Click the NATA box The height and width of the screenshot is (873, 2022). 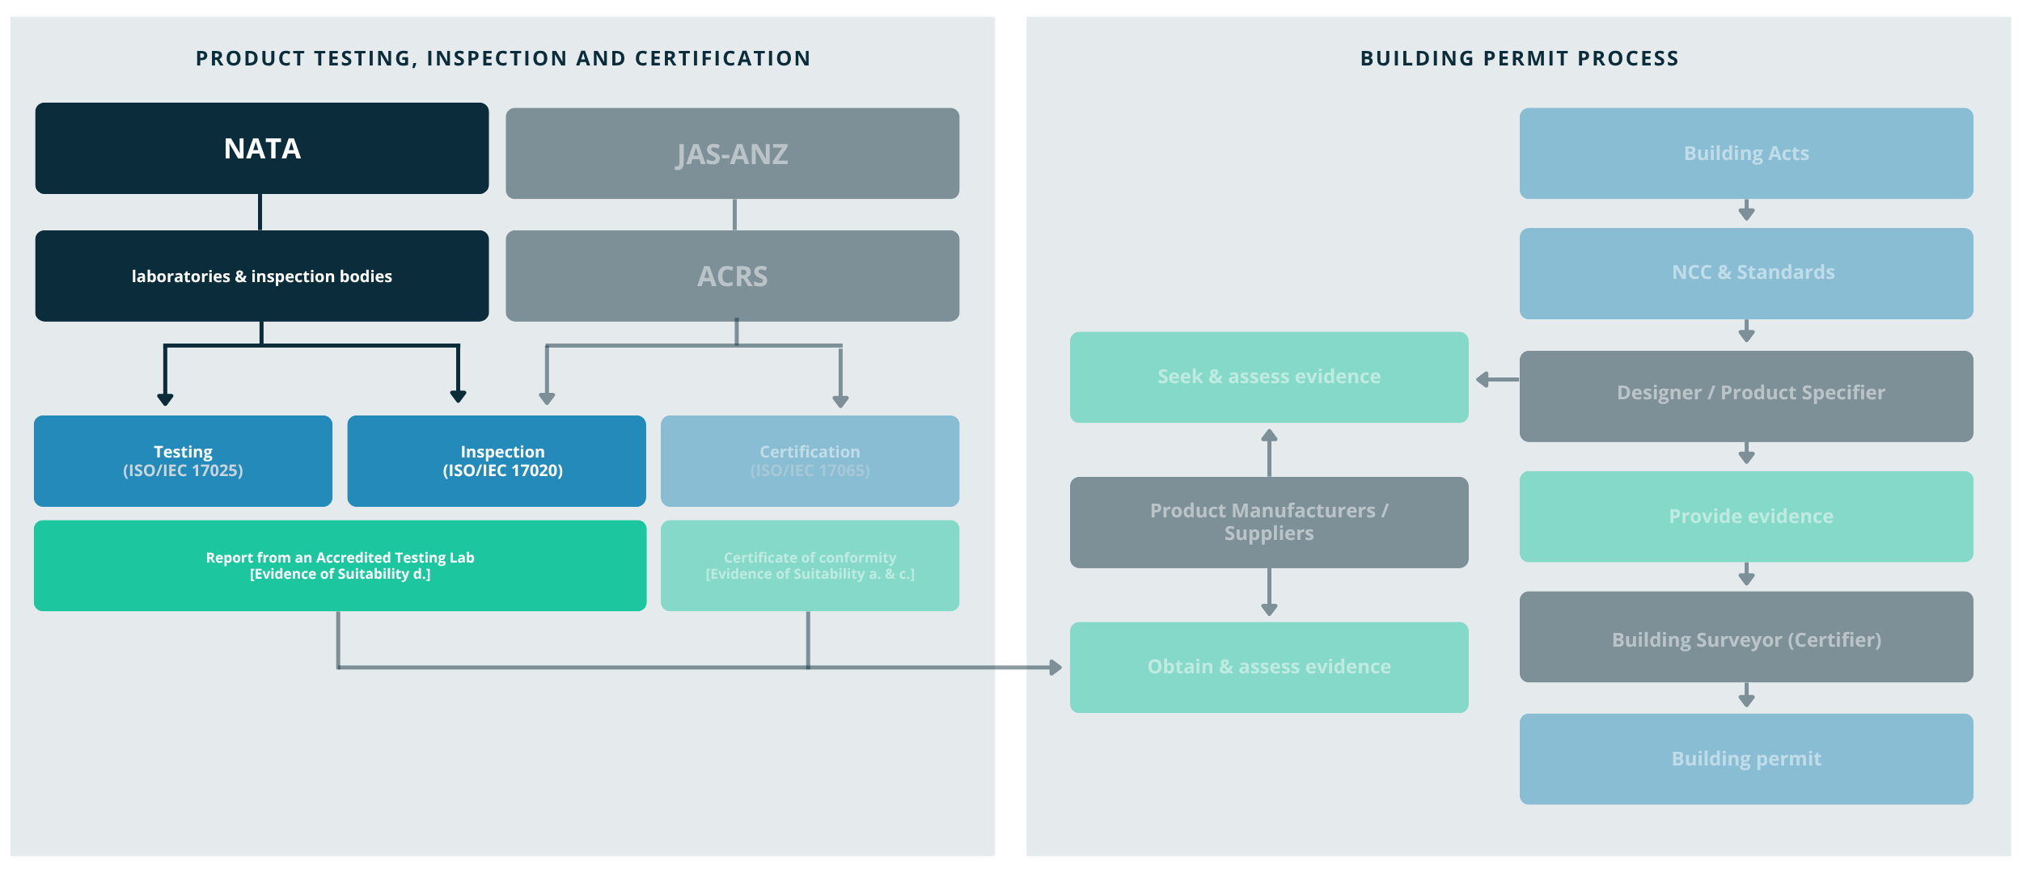point(261,149)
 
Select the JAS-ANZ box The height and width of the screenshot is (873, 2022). point(732,154)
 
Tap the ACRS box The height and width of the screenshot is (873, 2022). point(732,276)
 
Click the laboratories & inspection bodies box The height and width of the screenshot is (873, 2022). point(261,276)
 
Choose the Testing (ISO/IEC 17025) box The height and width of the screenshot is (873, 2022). point(183,461)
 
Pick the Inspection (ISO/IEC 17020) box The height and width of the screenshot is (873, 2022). point(496,461)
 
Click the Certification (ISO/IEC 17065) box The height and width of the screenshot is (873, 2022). point(810,461)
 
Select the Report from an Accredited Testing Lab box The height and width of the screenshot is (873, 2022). point(340,565)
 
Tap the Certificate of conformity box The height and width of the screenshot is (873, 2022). point(810,565)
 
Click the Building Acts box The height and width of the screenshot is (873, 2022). point(1745,154)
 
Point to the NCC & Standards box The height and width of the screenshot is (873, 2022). point(1745,273)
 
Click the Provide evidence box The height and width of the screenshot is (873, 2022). point(1745,516)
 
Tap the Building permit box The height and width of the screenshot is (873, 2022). point(1745,758)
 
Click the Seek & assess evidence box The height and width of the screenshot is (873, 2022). point(1268,377)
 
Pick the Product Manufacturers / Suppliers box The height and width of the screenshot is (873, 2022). point(1268,522)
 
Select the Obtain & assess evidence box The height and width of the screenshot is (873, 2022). point(1268,667)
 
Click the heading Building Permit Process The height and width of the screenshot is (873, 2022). point(1519,58)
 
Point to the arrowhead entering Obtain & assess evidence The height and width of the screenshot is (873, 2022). point(1055,668)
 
